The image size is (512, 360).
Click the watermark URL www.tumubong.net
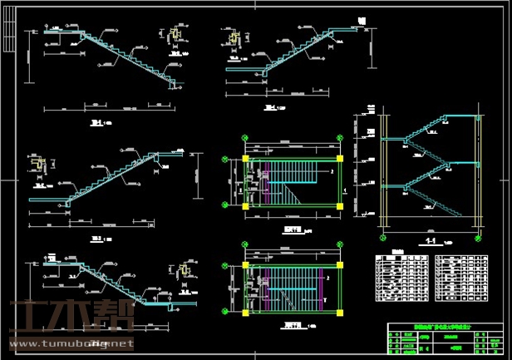click(74, 343)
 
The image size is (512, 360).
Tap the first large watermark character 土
click(32, 318)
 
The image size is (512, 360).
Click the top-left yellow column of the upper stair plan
click(246, 158)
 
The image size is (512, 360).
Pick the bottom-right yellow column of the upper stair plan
click(340, 205)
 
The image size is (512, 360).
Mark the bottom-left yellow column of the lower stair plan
click(246, 312)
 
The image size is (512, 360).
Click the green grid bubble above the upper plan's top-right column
click(340, 139)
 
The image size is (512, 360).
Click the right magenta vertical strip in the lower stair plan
click(322, 288)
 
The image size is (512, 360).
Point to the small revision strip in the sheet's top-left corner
click(9, 26)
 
